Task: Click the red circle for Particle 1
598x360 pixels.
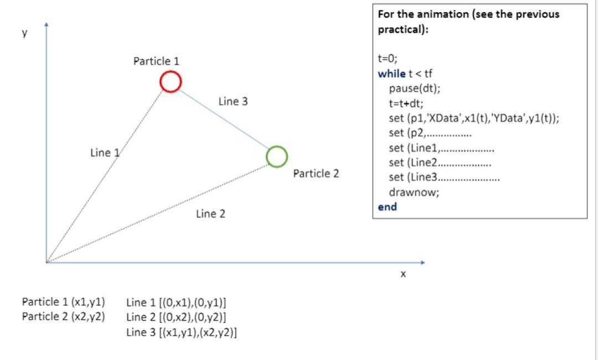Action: [x=171, y=81]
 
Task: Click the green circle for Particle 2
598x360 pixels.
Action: [x=276, y=156]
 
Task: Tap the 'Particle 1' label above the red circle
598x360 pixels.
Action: [x=156, y=61]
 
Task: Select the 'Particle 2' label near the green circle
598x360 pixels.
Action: [x=316, y=174]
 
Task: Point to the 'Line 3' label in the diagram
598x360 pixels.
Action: [x=233, y=101]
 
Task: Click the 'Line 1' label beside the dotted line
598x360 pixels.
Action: [x=105, y=153]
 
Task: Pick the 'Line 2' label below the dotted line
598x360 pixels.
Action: [x=210, y=214]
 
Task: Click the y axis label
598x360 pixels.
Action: [x=24, y=33]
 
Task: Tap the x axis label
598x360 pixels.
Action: [x=403, y=274]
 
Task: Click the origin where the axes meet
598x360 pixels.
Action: [x=47, y=262]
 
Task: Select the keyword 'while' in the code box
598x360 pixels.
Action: [x=391, y=74]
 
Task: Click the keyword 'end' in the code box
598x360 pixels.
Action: [x=387, y=207]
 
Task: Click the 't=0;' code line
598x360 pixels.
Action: [x=388, y=59]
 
